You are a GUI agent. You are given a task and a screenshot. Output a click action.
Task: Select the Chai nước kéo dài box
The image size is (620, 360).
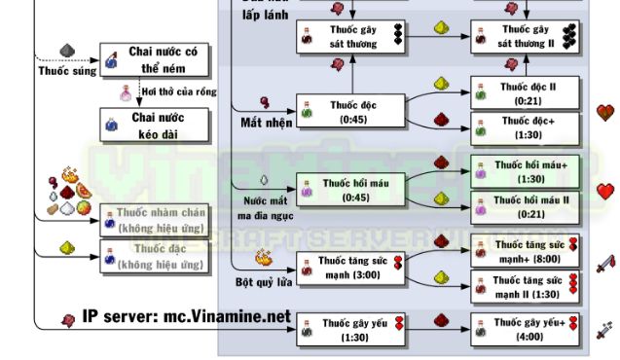click(157, 123)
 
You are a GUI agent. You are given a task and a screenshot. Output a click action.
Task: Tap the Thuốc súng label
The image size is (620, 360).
click(59, 71)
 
